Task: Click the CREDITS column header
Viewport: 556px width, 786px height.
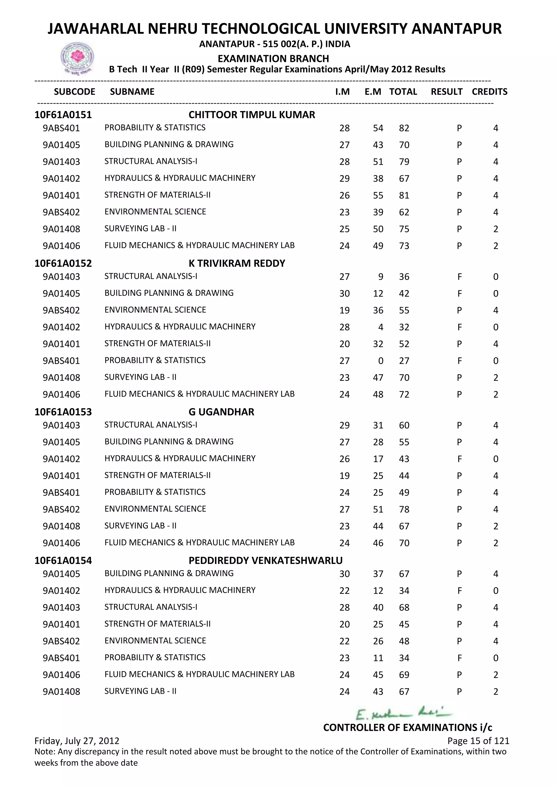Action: [x=489, y=92]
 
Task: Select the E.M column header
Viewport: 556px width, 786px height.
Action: [x=373, y=92]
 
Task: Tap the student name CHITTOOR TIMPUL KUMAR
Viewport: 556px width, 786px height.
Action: [x=252, y=115]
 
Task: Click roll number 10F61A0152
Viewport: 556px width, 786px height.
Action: [x=63, y=263]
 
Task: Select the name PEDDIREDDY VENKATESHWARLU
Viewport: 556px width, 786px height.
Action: [x=265, y=560]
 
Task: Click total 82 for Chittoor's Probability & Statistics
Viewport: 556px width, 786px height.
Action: [x=404, y=128]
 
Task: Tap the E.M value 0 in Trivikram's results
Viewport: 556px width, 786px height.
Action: [x=380, y=361]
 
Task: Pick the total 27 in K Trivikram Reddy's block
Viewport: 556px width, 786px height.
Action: [x=404, y=361]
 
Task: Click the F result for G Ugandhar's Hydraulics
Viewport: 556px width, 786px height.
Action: [x=459, y=459]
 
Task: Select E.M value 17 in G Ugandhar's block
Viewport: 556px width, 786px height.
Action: [x=378, y=459]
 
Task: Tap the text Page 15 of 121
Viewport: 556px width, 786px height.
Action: [x=478, y=741]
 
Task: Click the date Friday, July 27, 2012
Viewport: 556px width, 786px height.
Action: [x=77, y=741]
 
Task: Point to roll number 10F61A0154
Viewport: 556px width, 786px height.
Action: [x=63, y=560]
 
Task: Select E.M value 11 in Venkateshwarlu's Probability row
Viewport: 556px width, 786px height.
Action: [x=378, y=658]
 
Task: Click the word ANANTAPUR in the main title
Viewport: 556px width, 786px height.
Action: [x=456, y=29]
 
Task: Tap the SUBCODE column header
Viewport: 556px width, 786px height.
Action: [x=74, y=92]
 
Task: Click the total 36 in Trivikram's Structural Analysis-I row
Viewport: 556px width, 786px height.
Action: [x=404, y=277]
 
